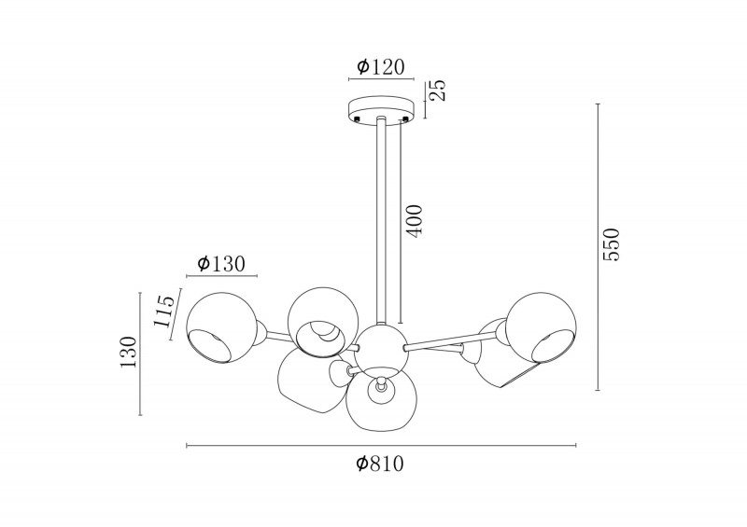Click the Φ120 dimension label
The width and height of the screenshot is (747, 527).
pos(381,67)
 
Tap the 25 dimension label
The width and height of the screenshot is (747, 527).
pos(438,90)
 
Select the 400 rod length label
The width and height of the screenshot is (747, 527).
pos(414,221)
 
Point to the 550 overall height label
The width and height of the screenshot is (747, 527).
pos(611,244)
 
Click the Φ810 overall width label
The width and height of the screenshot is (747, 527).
pos(380,464)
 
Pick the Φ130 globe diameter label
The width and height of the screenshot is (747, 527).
pos(221,263)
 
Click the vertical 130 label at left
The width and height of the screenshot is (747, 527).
pos(128,352)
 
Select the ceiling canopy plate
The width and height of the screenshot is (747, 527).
pos(381,111)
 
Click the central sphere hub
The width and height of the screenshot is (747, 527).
pos(381,348)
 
